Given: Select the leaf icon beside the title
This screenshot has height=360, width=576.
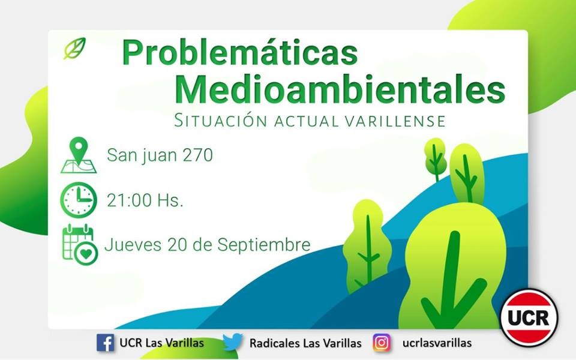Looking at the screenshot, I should click(74, 48).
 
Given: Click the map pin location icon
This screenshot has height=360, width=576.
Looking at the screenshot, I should click(78, 155).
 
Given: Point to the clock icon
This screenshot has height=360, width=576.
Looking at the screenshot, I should click(78, 200).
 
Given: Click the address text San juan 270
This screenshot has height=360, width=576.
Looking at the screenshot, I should click(160, 155).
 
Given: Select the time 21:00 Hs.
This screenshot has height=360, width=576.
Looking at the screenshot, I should click(145, 200).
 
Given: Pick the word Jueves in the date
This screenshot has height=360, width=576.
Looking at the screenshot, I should click(129, 245).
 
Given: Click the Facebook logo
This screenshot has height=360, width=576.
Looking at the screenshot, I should click(105, 343).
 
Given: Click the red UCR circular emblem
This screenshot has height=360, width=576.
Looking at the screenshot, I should click(529, 317).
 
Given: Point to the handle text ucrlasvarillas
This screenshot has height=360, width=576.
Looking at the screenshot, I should click(437, 343).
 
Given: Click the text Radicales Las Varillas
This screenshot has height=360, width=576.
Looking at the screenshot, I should click(305, 343).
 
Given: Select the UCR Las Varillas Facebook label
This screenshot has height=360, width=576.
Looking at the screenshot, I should click(161, 343).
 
